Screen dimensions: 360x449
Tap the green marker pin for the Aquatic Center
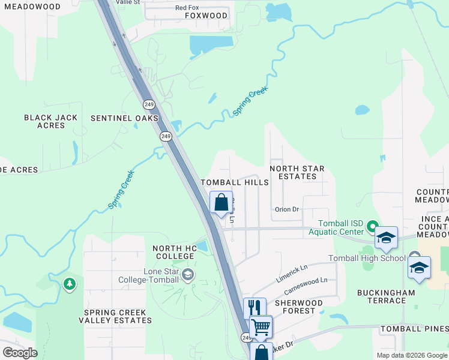tap(372, 227)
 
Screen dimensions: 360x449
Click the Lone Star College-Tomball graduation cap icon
tap(188, 275)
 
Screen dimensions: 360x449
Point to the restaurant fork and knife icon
tap(255, 308)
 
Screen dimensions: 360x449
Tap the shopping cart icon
tap(261, 327)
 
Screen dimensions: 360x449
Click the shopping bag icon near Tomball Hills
tap(221, 202)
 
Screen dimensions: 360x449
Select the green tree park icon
tap(70, 284)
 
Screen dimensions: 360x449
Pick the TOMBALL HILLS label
tap(235, 182)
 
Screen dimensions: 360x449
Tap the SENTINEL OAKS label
tap(124, 118)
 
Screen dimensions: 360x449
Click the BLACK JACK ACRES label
tap(51, 121)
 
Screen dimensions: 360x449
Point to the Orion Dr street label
tap(287, 209)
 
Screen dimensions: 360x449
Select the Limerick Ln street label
tap(292, 272)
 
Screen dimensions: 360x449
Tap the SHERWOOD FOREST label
tap(298, 307)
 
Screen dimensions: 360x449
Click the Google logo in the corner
tap(20, 353)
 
